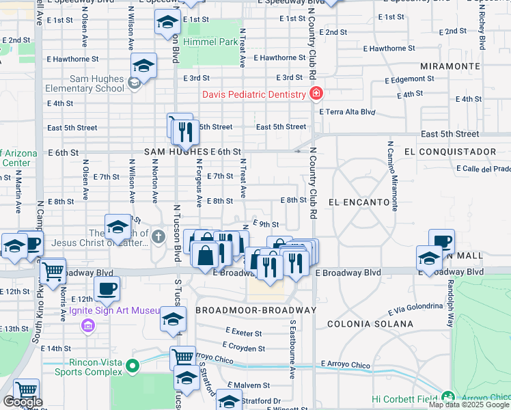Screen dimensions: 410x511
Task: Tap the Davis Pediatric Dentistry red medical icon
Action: pyautogui.click(x=316, y=94)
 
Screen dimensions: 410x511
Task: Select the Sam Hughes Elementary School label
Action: pyautogui.click(x=85, y=83)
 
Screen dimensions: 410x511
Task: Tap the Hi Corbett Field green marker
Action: pyautogui.click(x=447, y=397)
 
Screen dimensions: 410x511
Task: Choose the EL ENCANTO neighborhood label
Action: pyautogui.click(x=359, y=202)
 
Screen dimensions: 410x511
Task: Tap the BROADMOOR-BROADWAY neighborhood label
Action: pyautogui.click(x=255, y=310)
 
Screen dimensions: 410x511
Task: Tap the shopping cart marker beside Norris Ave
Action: pyautogui.click(x=52, y=270)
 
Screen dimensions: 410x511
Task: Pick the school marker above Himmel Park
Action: pyautogui.click(x=167, y=23)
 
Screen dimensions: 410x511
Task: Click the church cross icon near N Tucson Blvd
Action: pyautogui.click(x=158, y=237)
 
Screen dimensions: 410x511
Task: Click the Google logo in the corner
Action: pyautogui.click(x=22, y=402)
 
